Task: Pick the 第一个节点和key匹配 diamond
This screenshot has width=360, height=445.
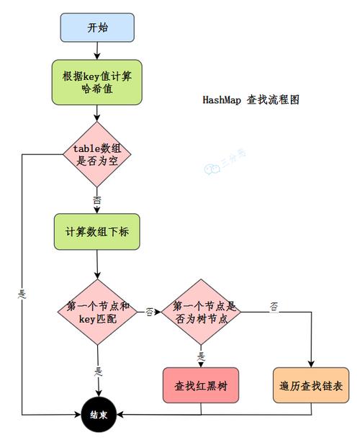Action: point(97,312)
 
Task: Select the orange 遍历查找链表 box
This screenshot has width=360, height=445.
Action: point(311,385)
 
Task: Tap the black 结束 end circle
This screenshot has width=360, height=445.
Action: point(98,415)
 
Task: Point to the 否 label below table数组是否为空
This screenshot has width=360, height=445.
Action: point(96,199)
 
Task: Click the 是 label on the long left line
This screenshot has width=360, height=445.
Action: point(22,294)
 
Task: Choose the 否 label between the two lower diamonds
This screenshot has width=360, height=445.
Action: point(150,313)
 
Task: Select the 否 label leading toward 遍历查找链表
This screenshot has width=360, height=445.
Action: point(274,307)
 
